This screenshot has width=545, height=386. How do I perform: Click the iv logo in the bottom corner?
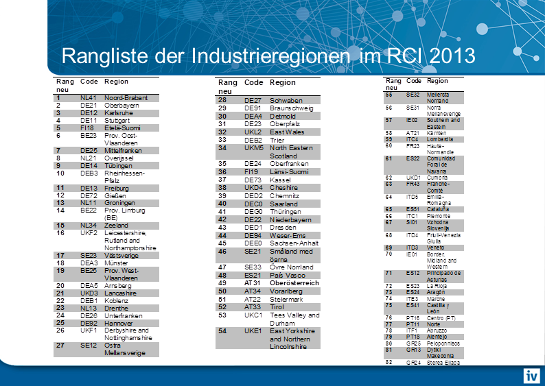(531, 375)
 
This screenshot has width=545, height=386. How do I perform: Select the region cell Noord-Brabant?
(126, 98)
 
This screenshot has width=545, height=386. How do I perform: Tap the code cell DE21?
(89, 106)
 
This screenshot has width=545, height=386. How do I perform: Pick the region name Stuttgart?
(118, 120)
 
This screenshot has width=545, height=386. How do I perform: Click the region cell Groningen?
(120, 203)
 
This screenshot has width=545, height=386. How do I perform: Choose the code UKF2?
(89, 232)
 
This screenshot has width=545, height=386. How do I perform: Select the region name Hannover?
(119, 322)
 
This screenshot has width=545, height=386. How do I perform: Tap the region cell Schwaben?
(286, 100)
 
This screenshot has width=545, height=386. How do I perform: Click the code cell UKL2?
(254, 132)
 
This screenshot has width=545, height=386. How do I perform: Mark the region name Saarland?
(283, 204)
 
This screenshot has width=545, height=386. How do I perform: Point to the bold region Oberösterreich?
(294, 282)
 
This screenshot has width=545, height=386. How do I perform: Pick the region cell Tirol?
(277, 306)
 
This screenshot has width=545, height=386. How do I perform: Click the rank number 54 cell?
(222, 330)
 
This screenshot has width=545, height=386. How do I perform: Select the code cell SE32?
(413, 94)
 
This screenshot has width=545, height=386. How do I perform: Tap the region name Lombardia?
(440, 139)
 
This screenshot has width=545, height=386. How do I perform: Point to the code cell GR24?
(413, 362)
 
